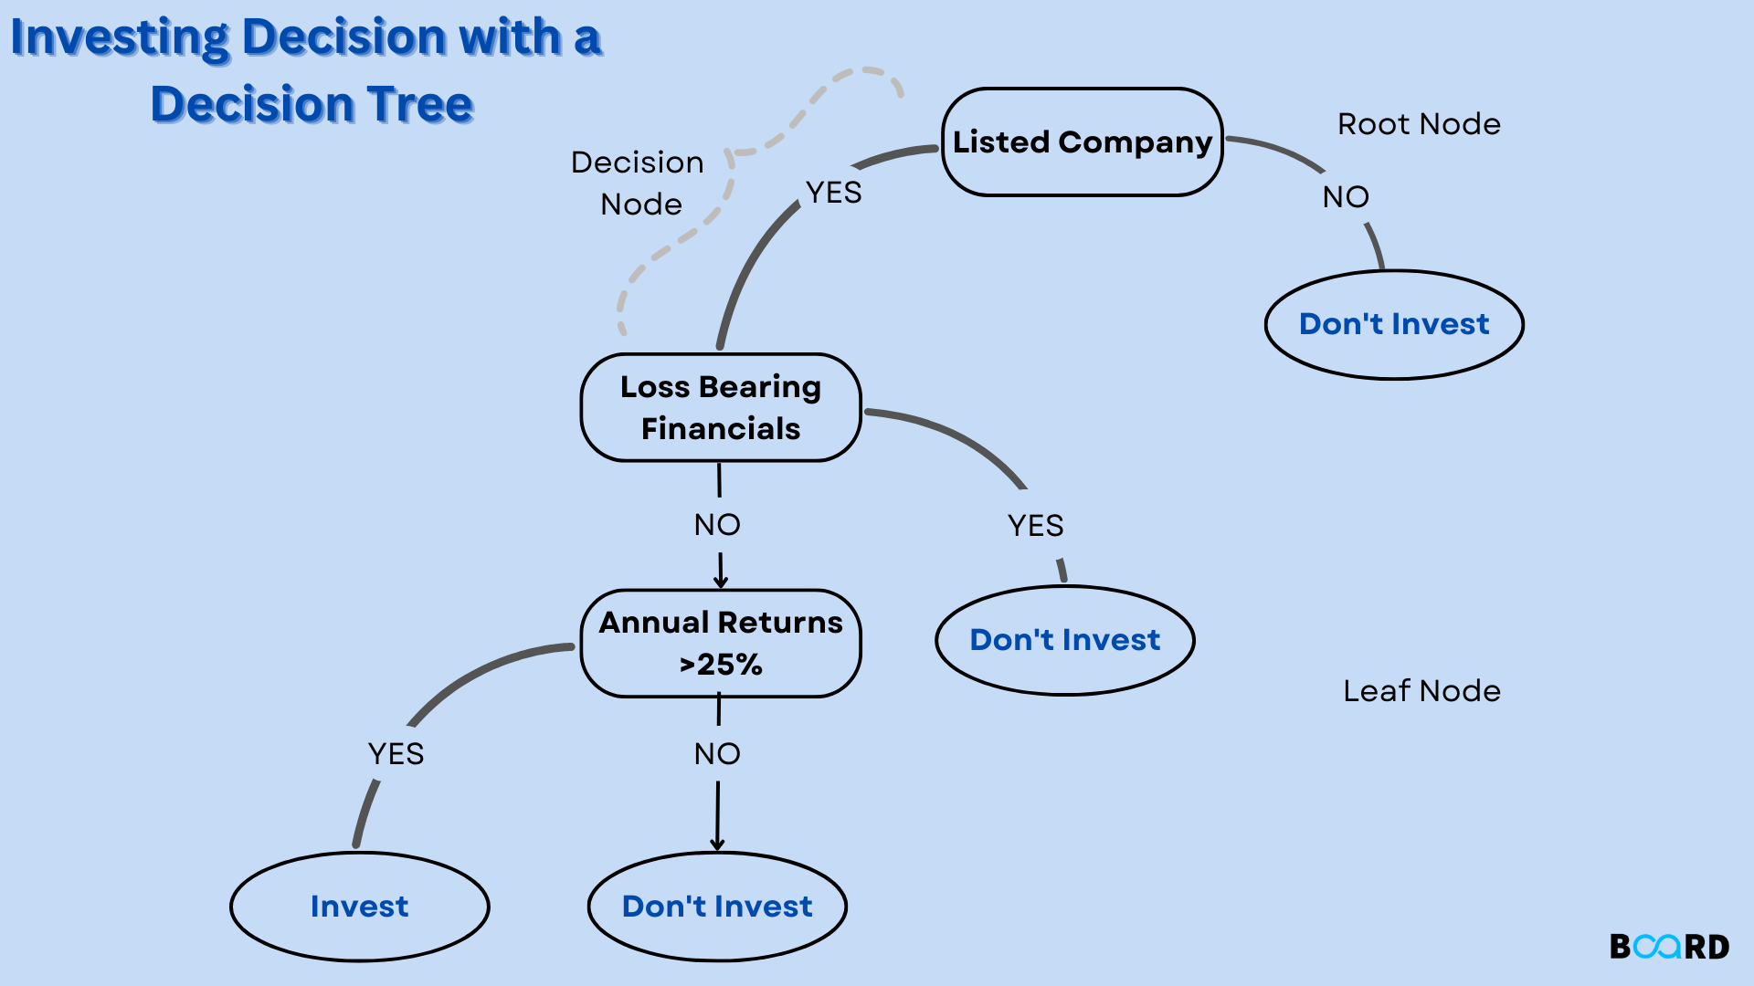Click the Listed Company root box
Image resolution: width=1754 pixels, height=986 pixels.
click(1082, 142)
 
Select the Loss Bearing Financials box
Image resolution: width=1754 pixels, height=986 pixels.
click(721, 408)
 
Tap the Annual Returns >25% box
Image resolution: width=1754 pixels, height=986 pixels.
click(721, 644)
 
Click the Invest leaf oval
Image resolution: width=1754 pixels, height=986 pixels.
click(359, 907)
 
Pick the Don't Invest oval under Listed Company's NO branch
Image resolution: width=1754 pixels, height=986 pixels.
click(1394, 324)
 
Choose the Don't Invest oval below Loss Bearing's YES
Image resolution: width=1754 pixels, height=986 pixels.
click(1064, 640)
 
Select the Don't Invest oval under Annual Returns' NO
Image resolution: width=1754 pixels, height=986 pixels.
click(717, 907)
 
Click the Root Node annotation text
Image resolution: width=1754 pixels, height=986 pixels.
click(1419, 124)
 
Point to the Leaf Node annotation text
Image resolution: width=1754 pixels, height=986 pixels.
click(1421, 691)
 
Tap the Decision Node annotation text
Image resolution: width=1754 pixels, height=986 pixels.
click(639, 183)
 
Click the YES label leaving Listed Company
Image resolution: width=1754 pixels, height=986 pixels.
click(833, 193)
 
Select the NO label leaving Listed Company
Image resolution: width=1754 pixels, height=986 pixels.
click(1346, 197)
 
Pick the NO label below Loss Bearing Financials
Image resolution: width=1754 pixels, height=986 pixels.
click(717, 525)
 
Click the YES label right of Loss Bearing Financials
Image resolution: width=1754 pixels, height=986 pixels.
click(1035, 526)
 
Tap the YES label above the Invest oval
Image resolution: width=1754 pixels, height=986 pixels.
click(396, 754)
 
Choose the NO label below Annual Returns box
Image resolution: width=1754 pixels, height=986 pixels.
click(717, 754)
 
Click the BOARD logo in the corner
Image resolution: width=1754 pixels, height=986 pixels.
click(1669, 947)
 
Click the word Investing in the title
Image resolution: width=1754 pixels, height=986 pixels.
click(119, 38)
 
